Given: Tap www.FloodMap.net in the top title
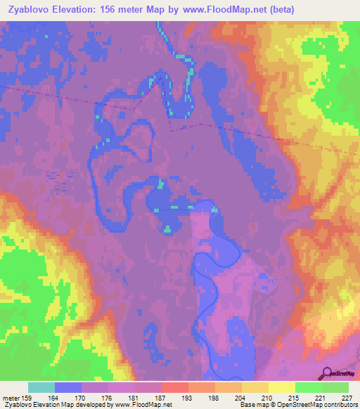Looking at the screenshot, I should pos(221,10).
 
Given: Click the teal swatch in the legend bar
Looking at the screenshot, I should pos(41,387).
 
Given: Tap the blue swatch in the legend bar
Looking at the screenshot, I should pos(68,387).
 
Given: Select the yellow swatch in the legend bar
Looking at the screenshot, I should pos(281,387).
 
